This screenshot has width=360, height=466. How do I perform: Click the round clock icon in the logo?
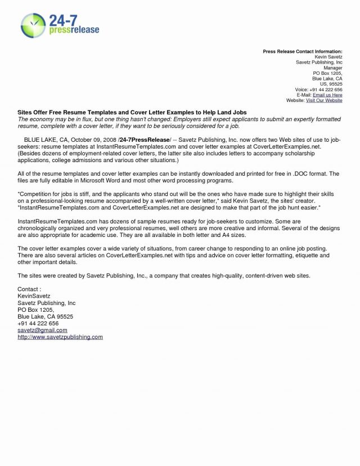tap(33, 25)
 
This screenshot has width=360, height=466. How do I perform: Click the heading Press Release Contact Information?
tap(302, 52)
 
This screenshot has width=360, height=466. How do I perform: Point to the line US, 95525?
tap(331, 84)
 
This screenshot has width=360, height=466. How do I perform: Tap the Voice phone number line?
tap(318, 89)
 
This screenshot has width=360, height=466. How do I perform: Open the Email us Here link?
tap(328, 95)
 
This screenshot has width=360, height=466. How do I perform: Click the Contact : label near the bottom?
tap(30, 289)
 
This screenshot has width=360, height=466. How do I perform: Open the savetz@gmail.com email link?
tap(42, 330)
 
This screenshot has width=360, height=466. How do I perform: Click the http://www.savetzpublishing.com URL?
tap(60, 337)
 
